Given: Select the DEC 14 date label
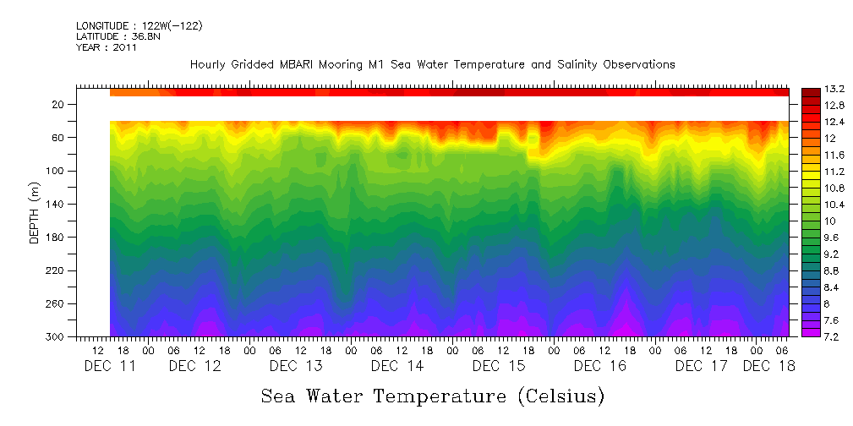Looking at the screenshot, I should click(397, 366).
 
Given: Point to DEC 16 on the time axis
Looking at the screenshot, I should click(599, 366).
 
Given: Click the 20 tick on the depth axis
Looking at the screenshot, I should click(59, 105).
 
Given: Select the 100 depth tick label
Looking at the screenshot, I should click(57, 172).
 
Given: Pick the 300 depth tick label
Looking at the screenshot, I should click(57, 337).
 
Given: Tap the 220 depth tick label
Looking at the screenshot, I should click(57, 271).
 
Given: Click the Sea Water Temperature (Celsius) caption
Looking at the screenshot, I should click(433, 396).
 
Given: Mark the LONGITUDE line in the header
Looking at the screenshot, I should click(139, 26).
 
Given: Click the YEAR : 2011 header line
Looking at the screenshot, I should click(106, 47).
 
